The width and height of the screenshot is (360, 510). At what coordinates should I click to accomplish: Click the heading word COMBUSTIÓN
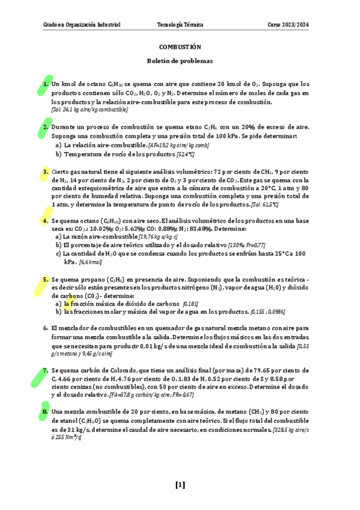tap(180, 46)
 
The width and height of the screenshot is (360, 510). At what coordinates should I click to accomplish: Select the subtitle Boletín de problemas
tap(180, 61)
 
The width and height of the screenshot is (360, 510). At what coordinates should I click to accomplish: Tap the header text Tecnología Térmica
tap(180, 25)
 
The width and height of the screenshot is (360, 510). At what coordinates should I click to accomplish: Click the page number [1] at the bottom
tap(180, 485)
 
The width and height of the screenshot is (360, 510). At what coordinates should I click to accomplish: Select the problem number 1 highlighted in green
tap(46, 84)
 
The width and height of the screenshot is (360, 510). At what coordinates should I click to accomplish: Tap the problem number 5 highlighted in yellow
tap(46, 280)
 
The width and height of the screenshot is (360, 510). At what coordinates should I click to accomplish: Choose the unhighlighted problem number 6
tap(46, 328)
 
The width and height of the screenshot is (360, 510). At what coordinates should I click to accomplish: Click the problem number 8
tap(46, 411)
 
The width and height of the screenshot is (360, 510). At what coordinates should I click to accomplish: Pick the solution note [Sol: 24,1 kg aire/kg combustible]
tap(90, 109)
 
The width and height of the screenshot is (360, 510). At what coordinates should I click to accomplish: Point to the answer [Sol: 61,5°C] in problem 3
tap(264, 204)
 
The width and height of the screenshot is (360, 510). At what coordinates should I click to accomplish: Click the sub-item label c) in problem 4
tap(58, 254)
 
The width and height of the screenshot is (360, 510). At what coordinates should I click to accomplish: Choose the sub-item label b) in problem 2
tap(58, 154)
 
